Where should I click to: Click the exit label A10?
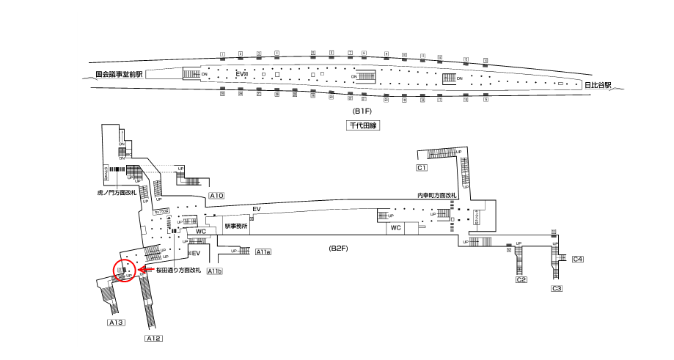pyautogui.click(x=216, y=196)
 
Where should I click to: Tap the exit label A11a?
pyautogui.click(x=263, y=252)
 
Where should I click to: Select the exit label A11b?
pyautogui.click(x=214, y=271)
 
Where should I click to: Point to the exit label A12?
pyautogui.click(x=153, y=338)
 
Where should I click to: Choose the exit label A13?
pyautogui.click(x=117, y=323)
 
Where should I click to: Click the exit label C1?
pyautogui.click(x=422, y=169)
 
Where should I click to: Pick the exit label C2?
pyautogui.click(x=521, y=280)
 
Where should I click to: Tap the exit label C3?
pyautogui.click(x=557, y=289)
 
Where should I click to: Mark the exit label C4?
pyautogui.click(x=577, y=259)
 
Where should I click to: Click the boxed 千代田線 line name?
pyautogui.click(x=361, y=126)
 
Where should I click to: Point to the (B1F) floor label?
pyautogui.click(x=362, y=111)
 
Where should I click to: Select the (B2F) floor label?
pyautogui.click(x=337, y=249)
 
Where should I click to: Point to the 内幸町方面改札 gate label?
pyautogui.click(x=436, y=195)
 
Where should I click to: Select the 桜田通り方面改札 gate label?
pyautogui.click(x=178, y=271)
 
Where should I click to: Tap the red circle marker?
pyautogui.click(x=124, y=271)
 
